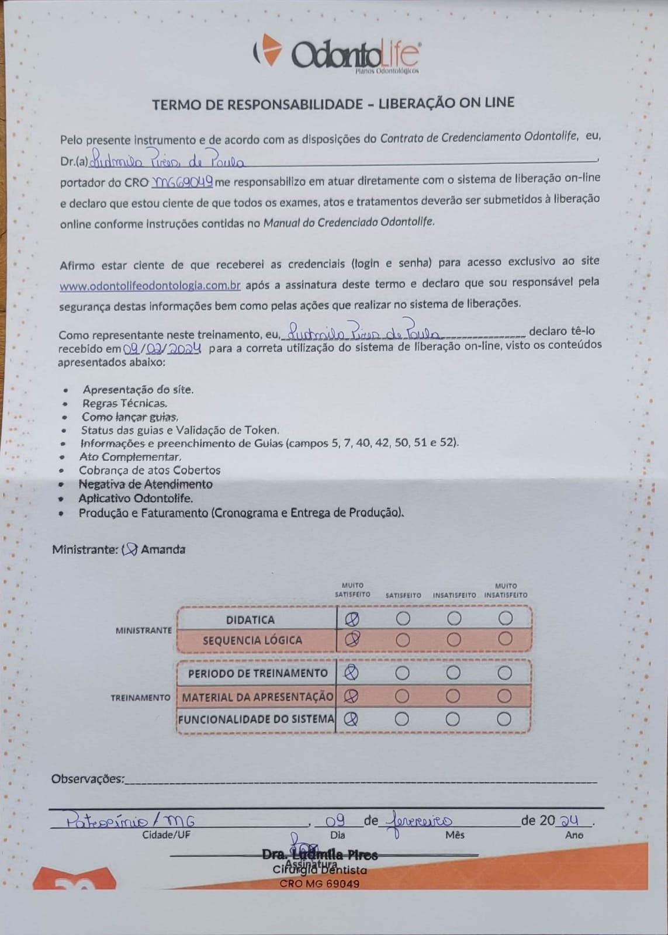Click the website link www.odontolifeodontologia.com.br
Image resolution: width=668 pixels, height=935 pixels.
tap(150, 286)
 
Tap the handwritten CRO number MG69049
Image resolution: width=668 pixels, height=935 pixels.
tap(182, 182)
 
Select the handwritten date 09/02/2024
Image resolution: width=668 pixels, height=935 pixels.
tap(162, 349)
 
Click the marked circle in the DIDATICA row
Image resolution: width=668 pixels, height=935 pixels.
tap(352, 618)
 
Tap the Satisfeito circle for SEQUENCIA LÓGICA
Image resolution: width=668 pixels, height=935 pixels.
tap(403, 640)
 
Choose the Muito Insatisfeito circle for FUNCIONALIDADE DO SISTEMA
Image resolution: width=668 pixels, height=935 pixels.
tap(504, 719)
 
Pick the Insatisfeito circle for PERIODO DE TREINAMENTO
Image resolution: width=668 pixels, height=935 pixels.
tap(454, 673)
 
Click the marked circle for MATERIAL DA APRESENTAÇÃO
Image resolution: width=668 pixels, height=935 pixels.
tap(351, 696)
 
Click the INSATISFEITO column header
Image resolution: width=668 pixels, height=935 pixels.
tap(454, 595)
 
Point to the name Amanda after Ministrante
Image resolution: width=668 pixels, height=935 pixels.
tap(163, 549)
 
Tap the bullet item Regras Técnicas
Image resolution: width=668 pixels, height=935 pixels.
tap(124, 403)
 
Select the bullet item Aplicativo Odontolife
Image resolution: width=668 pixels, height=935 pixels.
tap(136, 498)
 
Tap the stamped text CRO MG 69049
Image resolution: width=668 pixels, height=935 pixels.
tap(320, 884)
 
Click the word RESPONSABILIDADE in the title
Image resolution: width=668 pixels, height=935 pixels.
tap(295, 105)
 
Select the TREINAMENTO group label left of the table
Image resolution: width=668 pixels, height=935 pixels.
tap(140, 698)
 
